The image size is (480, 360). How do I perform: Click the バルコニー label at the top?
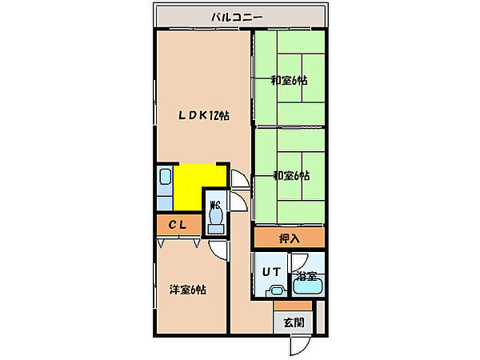tap(241, 16)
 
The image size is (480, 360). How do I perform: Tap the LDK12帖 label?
tap(204, 115)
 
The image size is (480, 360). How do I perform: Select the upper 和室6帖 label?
tap(290, 80)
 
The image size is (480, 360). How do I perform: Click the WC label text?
tap(214, 204)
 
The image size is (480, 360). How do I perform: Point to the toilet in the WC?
tap(215, 224)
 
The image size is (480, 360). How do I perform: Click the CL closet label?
tap(177, 226)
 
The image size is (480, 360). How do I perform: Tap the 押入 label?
tap(289, 238)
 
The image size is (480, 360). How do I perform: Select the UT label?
tap(269, 271)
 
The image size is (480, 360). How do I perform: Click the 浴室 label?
tap(308, 277)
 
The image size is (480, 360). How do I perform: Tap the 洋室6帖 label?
tap(187, 289)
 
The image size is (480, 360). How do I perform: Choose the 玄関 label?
tap(294, 322)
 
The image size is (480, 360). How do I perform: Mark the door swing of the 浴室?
tap(300, 262)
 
